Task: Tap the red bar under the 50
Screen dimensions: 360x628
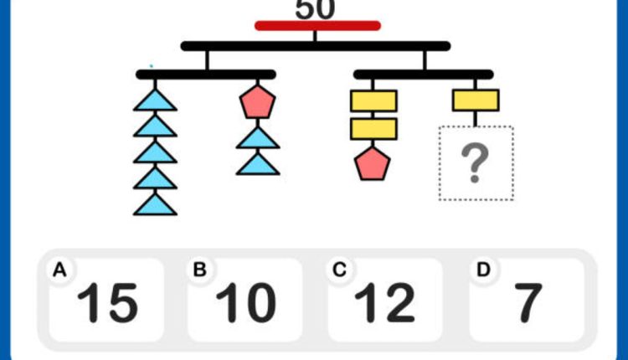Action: click(317, 26)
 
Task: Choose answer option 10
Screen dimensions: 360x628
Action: click(245, 302)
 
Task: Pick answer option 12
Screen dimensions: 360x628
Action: click(385, 302)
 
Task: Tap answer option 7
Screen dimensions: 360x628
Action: click(528, 302)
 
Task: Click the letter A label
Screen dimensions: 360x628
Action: click(59, 270)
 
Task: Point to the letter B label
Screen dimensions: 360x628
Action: click(199, 270)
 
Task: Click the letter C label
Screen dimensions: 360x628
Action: click(339, 270)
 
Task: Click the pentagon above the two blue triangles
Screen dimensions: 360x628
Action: click(257, 102)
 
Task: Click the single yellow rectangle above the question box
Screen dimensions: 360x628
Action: click(476, 100)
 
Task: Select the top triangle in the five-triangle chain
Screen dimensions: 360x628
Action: click(155, 101)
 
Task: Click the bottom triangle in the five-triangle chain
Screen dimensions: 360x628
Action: click(155, 204)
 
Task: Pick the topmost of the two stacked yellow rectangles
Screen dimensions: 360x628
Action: click(373, 101)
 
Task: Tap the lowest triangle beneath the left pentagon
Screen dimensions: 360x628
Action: click(257, 163)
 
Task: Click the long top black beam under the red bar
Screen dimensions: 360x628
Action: click(315, 46)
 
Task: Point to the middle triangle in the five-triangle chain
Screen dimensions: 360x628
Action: click(155, 153)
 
